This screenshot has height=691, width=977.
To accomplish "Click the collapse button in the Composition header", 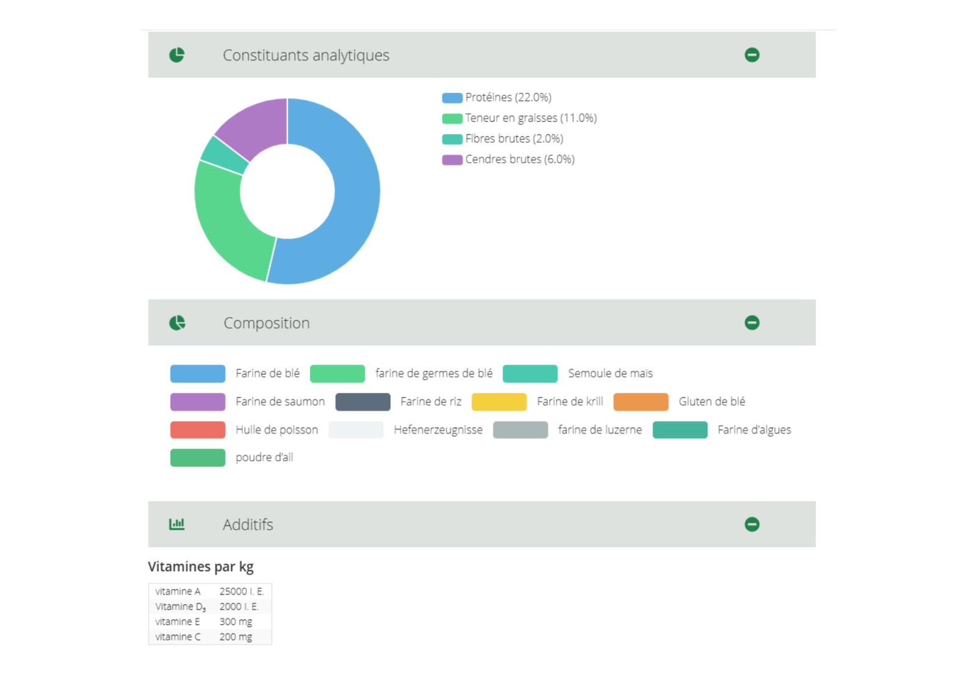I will click(x=752, y=323).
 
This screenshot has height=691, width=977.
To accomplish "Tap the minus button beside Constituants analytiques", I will click(x=752, y=55).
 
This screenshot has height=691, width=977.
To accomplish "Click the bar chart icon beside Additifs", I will click(x=176, y=524).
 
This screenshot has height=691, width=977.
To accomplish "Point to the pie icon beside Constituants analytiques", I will click(x=176, y=55).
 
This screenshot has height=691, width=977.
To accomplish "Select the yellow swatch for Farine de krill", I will click(x=499, y=402).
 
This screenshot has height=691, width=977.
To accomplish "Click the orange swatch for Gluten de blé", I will click(x=641, y=402).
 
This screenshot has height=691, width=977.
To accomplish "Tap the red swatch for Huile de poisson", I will click(x=198, y=430).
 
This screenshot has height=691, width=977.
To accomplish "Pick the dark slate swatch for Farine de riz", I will click(x=363, y=402).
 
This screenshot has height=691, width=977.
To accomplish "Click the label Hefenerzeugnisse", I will click(x=438, y=430).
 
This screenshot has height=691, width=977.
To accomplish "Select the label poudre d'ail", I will click(x=264, y=458).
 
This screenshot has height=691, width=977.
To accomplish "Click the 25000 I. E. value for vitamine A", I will click(x=242, y=591).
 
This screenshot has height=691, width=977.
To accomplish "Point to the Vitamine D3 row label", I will click(x=180, y=607).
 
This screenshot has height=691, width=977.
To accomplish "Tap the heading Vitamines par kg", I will click(x=201, y=567).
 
